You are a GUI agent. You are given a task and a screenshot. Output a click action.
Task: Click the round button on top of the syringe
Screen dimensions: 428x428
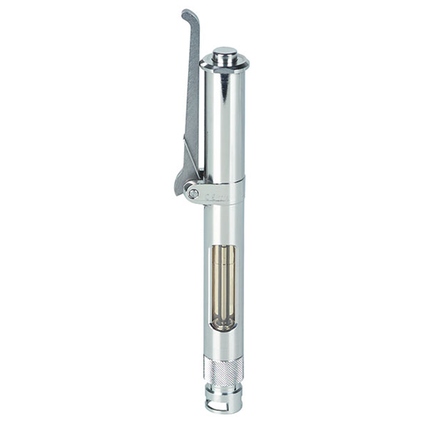click(x=223, y=55)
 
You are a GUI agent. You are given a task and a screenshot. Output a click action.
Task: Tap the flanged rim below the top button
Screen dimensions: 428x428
click(x=223, y=66)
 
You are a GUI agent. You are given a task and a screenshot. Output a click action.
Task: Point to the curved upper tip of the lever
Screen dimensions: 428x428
click(x=189, y=16)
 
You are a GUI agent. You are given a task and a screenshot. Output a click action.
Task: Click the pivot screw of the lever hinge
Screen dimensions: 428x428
click(x=193, y=193)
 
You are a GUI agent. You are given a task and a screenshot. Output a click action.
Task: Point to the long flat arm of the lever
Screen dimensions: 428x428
click(x=191, y=92)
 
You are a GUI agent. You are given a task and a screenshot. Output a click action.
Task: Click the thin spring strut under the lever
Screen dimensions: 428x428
click(x=194, y=164)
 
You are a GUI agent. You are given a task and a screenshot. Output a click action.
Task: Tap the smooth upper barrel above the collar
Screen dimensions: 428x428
click(x=223, y=125)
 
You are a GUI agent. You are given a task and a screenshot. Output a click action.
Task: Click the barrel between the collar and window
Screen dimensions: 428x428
click(x=223, y=222)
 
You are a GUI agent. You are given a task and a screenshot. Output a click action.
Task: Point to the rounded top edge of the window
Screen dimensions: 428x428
click(x=222, y=245)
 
